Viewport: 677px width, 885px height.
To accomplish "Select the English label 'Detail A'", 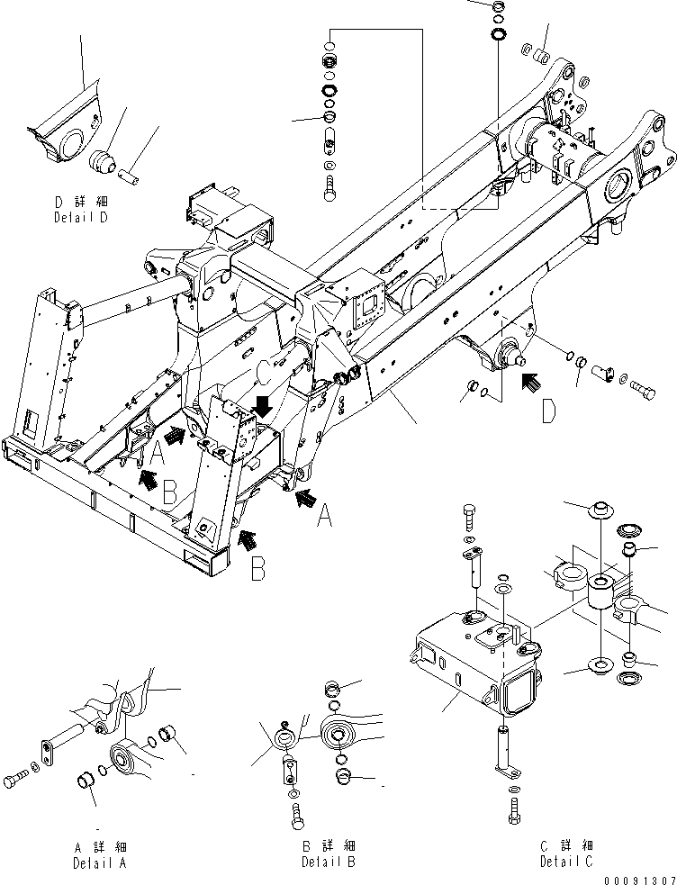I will (100, 862).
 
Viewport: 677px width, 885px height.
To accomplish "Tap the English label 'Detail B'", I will (328, 862).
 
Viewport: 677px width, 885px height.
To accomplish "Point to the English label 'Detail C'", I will (566, 862).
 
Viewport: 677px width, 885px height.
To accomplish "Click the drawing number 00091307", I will (638, 879).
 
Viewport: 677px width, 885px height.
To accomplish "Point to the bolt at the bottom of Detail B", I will (296, 816).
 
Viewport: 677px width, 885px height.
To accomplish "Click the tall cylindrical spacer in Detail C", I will (600, 595).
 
